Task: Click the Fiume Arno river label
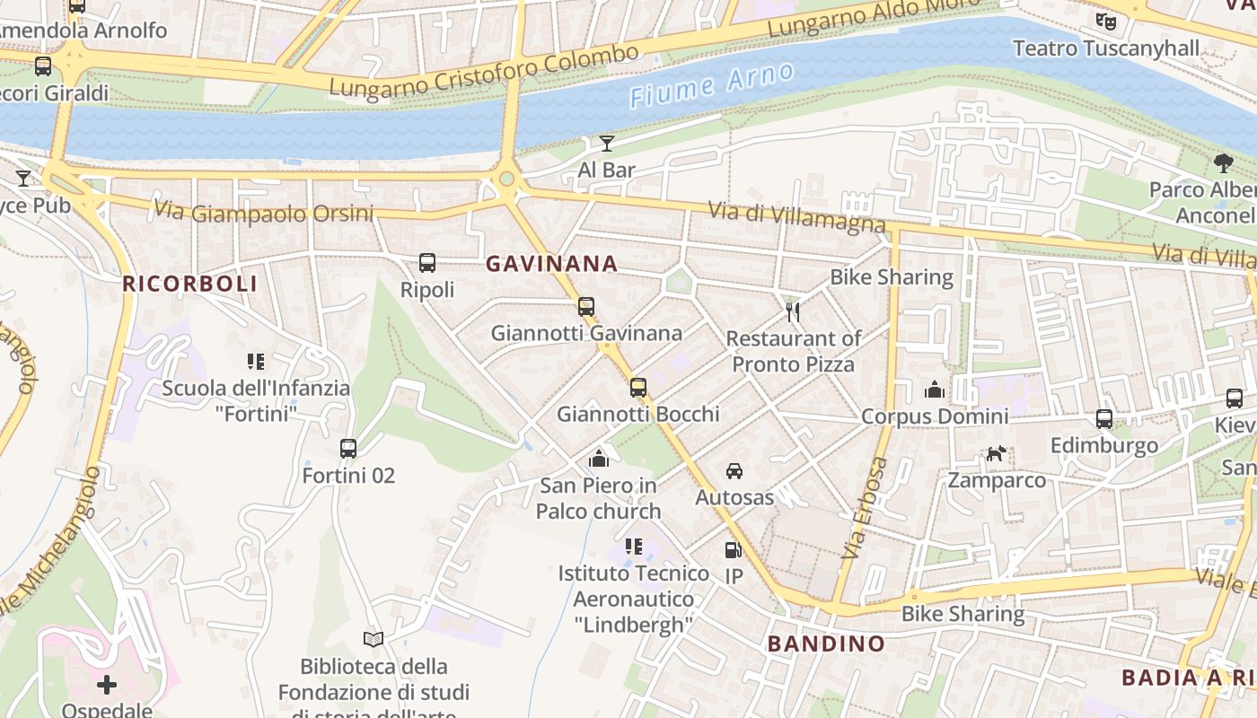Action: click(711, 85)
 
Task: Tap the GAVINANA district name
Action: click(551, 264)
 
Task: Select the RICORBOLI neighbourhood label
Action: click(189, 284)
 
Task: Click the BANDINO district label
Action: click(826, 644)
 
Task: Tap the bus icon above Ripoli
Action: click(427, 263)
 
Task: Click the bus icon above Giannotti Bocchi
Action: click(638, 388)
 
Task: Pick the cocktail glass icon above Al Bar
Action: click(607, 143)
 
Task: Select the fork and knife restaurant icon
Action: click(793, 311)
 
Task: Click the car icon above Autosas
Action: click(734, 470)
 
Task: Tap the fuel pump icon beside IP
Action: click(734, 549)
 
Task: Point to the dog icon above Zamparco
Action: click(996, 454)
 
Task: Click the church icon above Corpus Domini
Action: click(935, 390)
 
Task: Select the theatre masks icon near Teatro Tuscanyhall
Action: click(1106, 21)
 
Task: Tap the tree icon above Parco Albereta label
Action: click(1223, 162)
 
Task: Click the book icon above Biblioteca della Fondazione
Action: click(374, 639)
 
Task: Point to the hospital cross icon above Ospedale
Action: click(107, 686)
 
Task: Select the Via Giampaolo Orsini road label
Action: click(263, 213)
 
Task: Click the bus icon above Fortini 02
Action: click(348, 448)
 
